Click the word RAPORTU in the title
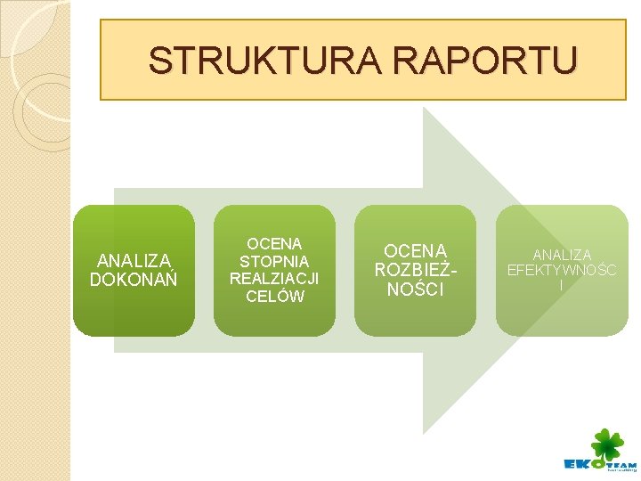click(476, 61)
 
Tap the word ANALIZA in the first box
click(134, 261)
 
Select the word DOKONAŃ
click(134, 280)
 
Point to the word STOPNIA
click(274, 261)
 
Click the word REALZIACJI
click(274, 279)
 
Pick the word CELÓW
click(274, 297)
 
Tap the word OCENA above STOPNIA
click(274, 243)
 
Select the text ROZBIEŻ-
click(415, 270)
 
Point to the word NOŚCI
click(415, 289)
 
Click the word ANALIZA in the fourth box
click(562, 255)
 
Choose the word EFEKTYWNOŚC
click(562, 270)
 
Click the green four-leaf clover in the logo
click(608, 444)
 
